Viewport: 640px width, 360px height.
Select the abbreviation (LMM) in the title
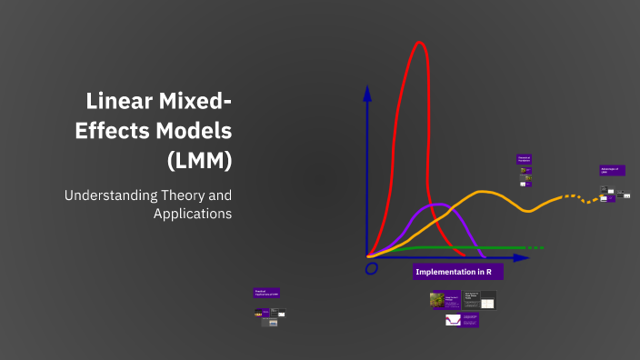click(200, 161)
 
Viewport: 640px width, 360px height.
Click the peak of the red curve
click(419, 43)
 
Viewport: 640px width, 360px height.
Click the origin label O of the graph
click(371, 269)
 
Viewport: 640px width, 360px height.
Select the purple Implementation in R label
click(457, 272)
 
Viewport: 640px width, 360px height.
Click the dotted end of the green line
click(534, 247)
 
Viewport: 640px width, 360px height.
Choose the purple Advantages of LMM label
click(612, 170)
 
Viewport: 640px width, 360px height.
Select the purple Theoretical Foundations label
click(524, 159)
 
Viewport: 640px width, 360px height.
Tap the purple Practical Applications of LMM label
click(266, 293)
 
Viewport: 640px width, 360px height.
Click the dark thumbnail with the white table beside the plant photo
click(487, 300)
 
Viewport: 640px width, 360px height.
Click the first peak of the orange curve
click(484, 192)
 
